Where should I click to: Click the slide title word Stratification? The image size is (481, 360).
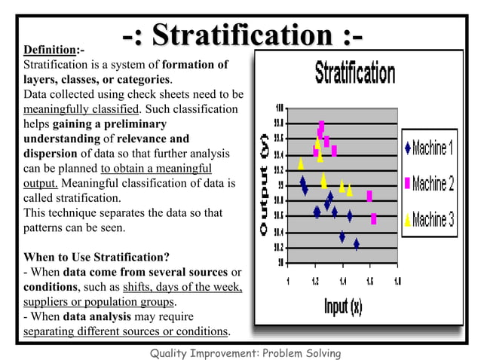(242, 35)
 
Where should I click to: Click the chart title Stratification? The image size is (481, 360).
(354, 74)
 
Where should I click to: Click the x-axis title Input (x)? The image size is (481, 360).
(343, 307)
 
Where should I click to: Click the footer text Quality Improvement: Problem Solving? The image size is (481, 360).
(246, 352)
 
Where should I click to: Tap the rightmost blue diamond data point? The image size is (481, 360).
(356, 244)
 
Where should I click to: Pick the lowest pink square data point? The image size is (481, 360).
(374, 219)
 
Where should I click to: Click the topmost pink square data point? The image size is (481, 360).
(321, 125)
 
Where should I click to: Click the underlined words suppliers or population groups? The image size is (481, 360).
(98, 302)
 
